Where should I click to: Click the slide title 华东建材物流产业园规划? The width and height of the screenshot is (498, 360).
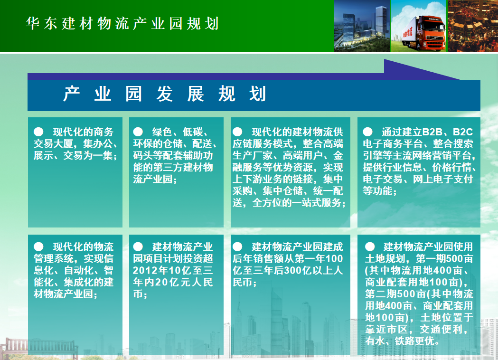click(x=122, y=24)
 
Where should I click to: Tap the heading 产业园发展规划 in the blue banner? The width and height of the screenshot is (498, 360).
click(x=165, y=94)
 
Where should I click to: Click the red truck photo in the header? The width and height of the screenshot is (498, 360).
click(x=418, y=26)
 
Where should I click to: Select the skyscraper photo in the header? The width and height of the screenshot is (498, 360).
click(x=362, y=26)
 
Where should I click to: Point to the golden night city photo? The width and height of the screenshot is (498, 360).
click(x=472, y=26)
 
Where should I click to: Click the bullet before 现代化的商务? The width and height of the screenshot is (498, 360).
click(x=38, y=132)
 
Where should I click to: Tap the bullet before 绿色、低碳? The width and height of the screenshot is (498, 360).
click(x=138, y=132)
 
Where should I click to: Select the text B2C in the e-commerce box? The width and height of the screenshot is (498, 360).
click(x=463, y=132)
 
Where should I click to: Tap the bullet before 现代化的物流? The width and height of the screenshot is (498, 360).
click(x=38, y=246)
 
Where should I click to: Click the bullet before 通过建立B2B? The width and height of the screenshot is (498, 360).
click(x=367, y=132)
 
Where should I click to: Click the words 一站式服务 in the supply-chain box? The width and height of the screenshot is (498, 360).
click(x=321, y=202)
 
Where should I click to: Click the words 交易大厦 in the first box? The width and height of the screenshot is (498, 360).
click(x=53, y=143)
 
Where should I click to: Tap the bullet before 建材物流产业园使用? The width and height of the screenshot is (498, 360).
click(x=370, y=246)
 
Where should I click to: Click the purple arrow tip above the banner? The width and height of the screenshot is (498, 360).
click(x=460, y=79)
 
